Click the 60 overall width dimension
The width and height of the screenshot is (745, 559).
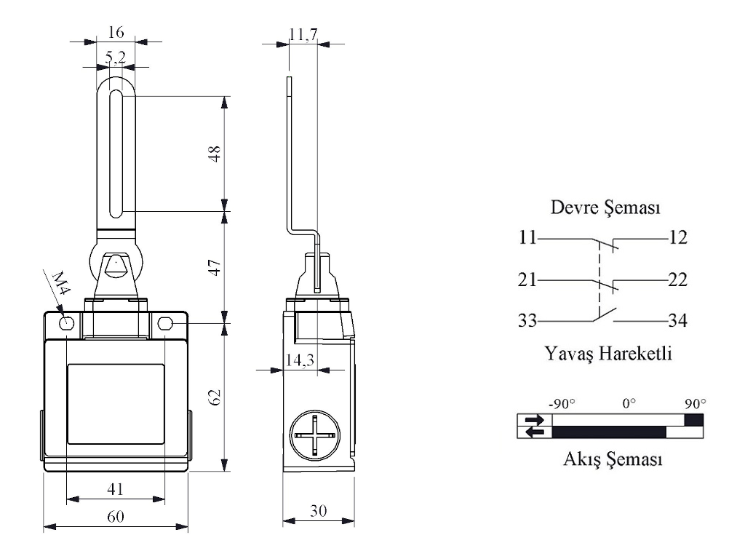[x=116, y=517]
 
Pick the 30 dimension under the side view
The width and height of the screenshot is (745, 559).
[x=318, y=512]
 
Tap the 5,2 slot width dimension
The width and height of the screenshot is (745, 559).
[x=116, y=57]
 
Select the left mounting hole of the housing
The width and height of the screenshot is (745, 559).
[x=66, y=323]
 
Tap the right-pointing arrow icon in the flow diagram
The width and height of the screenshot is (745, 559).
[x=534, y=419]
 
